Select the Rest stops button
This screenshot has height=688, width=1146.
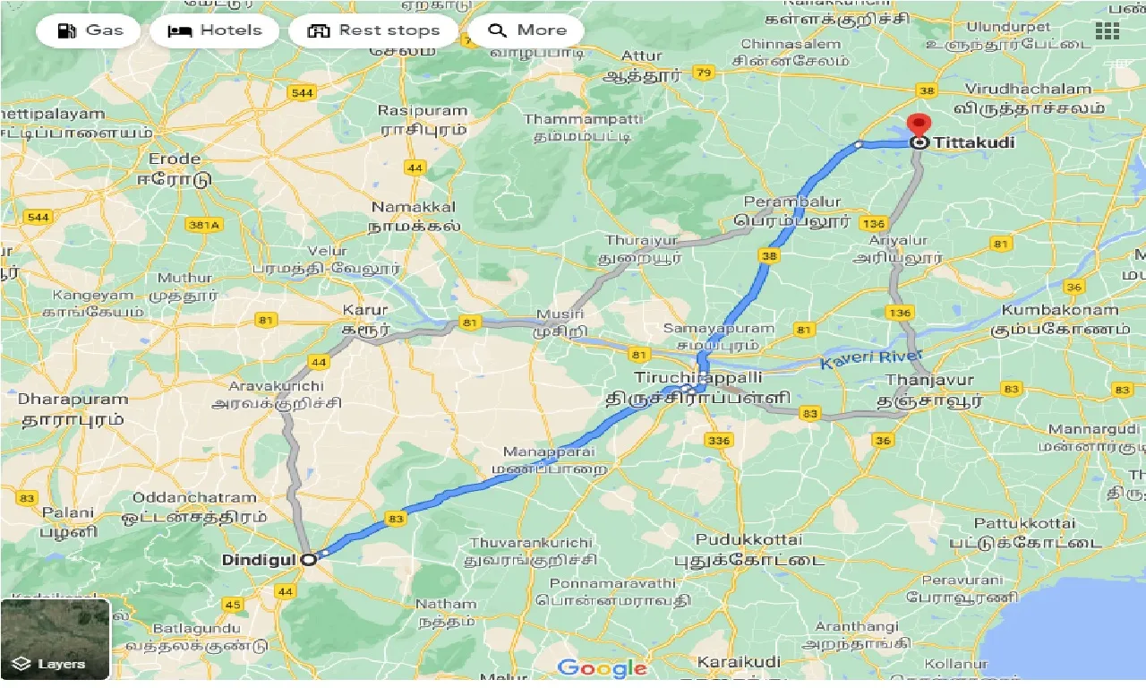374,30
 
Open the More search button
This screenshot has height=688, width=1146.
526,30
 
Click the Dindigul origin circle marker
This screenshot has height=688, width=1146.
309,559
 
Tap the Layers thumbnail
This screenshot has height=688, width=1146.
55,639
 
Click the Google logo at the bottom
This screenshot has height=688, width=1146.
602,667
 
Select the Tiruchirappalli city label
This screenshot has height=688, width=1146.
686,378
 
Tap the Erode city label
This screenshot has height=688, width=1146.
175,159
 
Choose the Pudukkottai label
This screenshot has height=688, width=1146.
750,540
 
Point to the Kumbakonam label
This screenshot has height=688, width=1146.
1060,311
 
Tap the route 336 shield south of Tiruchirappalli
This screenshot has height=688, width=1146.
718,440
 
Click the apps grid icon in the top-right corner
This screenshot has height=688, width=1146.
1108,30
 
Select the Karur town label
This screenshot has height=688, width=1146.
365,311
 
